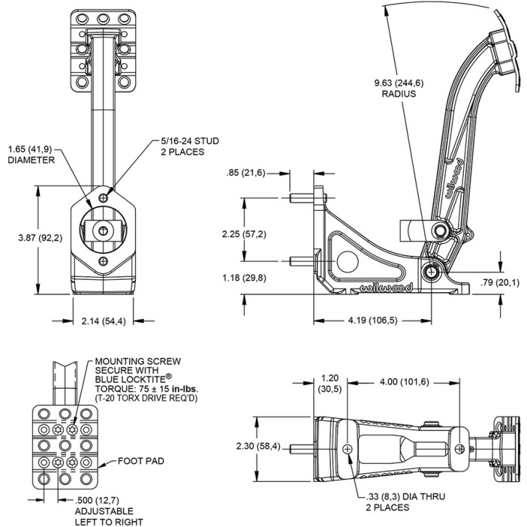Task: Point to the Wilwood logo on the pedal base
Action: pos(386,288)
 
